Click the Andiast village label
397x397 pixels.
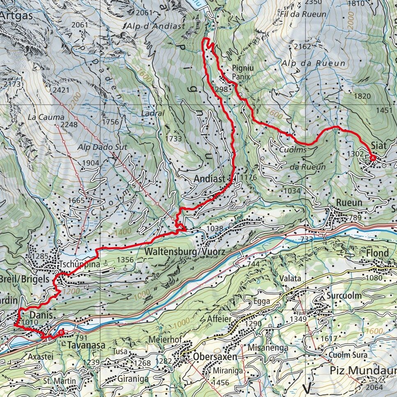click(x=209, y=179)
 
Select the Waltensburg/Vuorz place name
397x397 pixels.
click(x=185, y=251)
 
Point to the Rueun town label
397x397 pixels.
click(x=349, y=203)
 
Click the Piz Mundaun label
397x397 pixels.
click(x=363, y=370)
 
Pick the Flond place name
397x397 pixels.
click(x=377, y=253)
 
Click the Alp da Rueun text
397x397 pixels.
click(x=314, y=63)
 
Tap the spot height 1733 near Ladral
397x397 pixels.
click(x=174, y=139)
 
